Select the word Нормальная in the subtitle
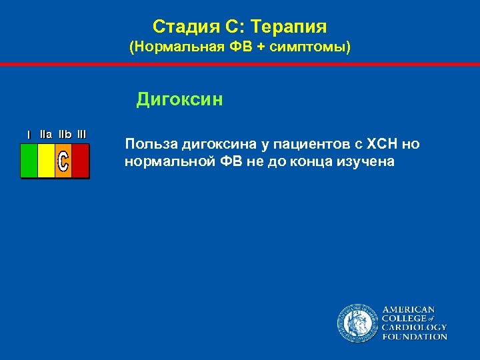171,49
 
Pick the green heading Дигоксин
179,100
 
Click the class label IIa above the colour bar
46,134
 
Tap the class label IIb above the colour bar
65,134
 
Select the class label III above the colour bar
81,134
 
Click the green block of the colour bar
29,161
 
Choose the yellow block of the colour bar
46,161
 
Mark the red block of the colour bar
80,161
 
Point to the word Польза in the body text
147,145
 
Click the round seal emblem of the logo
357,323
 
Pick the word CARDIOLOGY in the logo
414,327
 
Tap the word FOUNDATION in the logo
414,337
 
